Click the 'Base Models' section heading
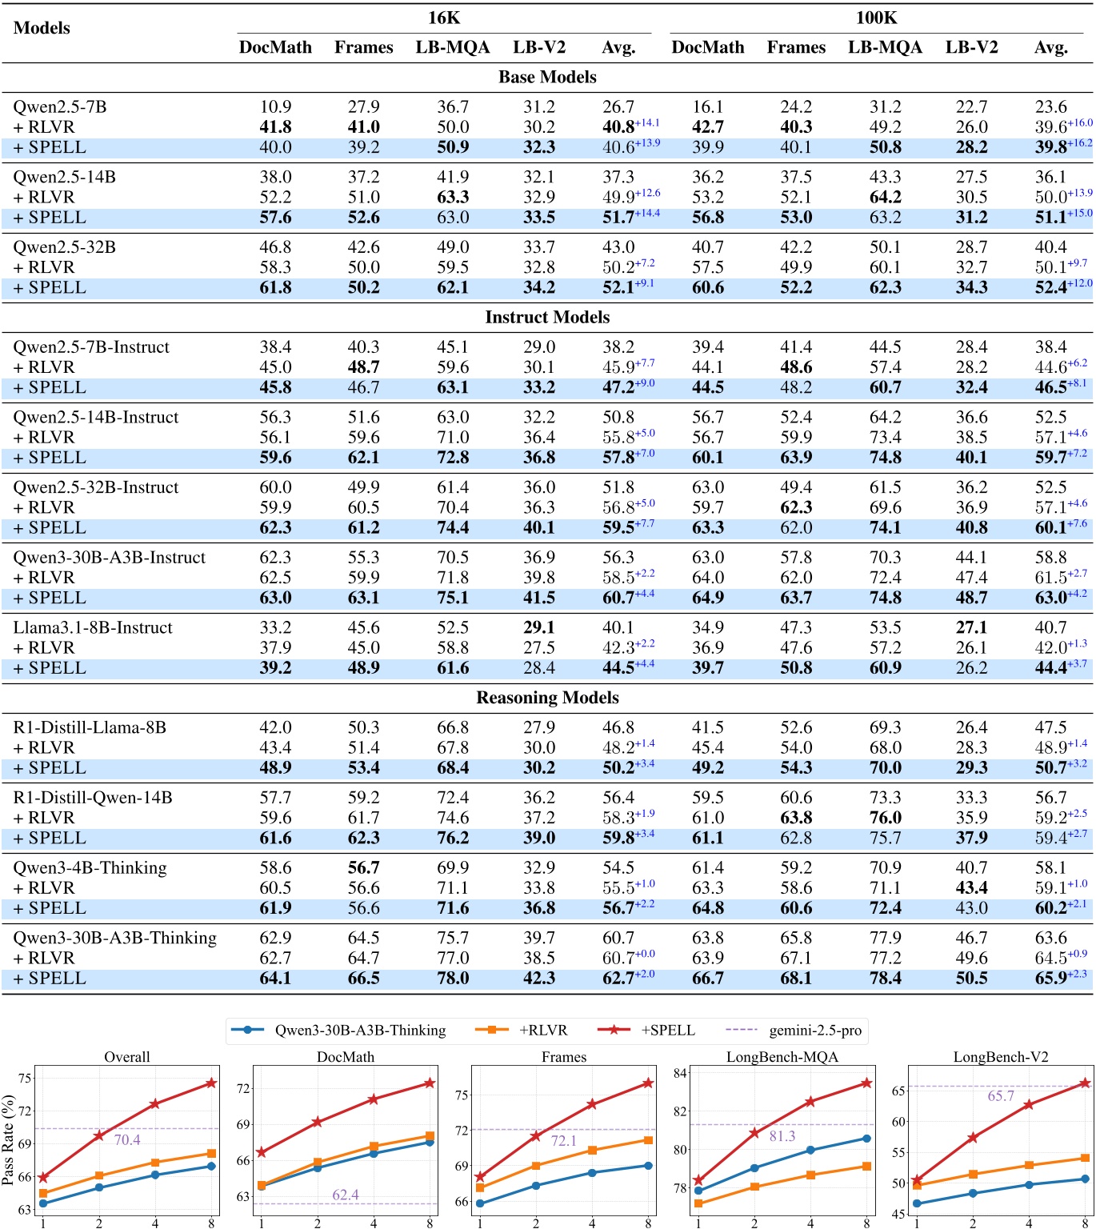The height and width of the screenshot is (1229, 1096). click(x=547, y=77)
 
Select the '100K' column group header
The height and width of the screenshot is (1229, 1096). click(x=876, y=18)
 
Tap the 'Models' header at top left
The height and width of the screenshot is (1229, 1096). click(x=42, y=28)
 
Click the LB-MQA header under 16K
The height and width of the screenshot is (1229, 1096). click(x=452, y=47)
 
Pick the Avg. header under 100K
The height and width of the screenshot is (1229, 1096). click(x=1050, y=47)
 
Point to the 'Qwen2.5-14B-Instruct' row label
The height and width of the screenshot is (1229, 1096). click(x=96, y=417)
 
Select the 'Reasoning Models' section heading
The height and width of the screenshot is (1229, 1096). click(x=547, y=698)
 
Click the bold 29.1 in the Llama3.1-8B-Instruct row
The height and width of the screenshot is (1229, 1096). click(x=538, y=627)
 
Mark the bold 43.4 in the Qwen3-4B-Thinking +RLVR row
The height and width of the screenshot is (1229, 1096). click(x=971, y=888)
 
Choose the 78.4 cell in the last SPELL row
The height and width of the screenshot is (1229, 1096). click(x=885, y=979)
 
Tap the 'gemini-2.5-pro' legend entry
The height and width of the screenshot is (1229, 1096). click(x=814, y=1030)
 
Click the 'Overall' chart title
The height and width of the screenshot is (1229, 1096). click(x=126, y=1056)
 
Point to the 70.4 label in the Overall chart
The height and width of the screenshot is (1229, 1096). click(x=127, y=1139)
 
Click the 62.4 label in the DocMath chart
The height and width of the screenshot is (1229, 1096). click(x=346, y=1195)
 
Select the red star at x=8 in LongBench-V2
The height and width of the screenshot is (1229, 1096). click(x=1085, y=1083)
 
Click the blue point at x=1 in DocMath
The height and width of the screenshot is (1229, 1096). click(x=262, y=1186)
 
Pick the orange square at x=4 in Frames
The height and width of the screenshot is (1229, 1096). click(x=592, y=1150)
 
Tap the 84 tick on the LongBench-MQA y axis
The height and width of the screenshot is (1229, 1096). click(x=680, y=1073)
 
